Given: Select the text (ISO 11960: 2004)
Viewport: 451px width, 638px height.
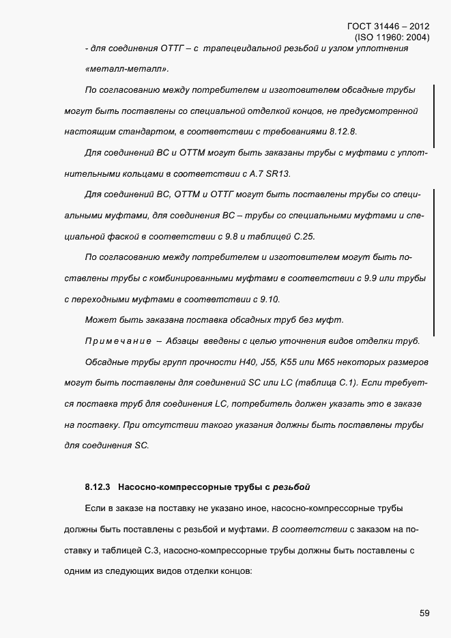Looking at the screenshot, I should point(392,38).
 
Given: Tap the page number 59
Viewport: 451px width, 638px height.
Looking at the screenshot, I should point(424,613).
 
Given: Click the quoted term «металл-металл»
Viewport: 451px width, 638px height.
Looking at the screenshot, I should point(128,69).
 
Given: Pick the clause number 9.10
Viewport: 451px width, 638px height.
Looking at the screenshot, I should point(265,299).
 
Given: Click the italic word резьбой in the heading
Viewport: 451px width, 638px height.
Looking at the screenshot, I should point(292,487).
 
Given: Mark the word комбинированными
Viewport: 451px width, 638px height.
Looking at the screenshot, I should point(186,278).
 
